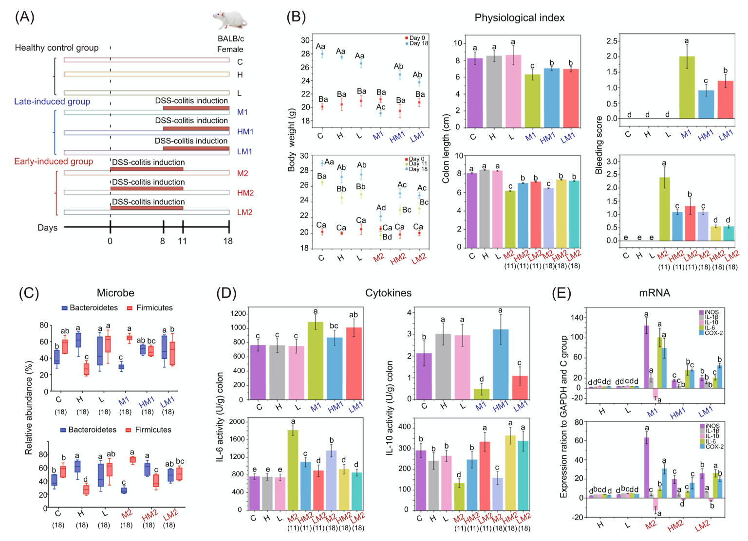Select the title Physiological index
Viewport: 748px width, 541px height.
[519, 18]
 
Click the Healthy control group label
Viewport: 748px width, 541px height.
[56, 48]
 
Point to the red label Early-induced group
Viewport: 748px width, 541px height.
[54, 162]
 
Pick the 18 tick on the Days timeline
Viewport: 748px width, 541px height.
[228, 241]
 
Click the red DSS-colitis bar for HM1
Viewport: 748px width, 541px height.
[196, 128]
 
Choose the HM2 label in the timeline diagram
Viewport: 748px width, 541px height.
[245, 193]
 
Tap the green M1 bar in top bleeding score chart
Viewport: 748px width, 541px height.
[687, 87]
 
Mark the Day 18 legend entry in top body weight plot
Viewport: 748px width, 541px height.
[417, 43]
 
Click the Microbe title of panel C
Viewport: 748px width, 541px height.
[115, 293]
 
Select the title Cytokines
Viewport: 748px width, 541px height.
[388, 293]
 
